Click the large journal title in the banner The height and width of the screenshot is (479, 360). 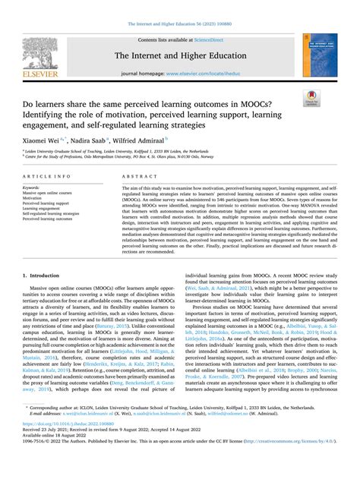click(179, 55)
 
